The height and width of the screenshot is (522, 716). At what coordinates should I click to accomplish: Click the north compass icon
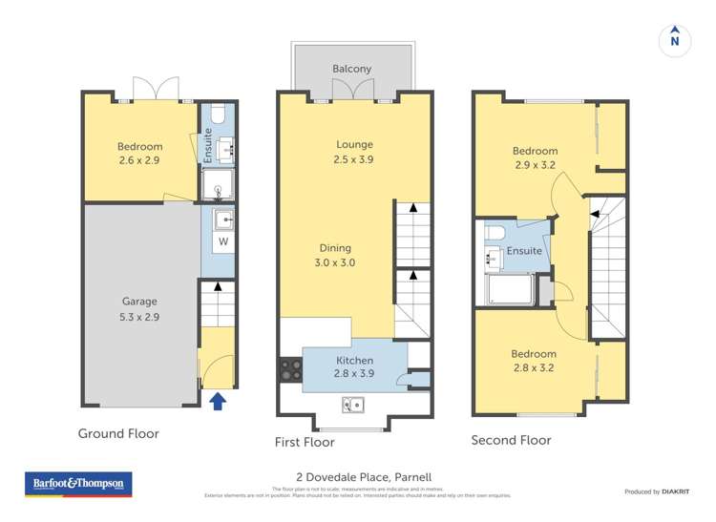[x=675, y=40]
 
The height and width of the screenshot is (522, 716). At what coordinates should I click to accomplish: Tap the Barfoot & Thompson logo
[x=79, y=484]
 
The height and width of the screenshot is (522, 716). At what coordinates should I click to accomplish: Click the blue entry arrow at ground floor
[x=217, y=401]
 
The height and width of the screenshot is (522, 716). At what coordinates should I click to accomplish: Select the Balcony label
[x=352, y=69]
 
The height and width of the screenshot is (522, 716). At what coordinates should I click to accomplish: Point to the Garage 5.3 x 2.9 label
[x=139, y=308]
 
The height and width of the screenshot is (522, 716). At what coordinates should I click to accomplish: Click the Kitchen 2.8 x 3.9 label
[x=354, y=366]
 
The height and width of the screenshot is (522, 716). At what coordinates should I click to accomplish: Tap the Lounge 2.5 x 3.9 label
[x=354, y=152]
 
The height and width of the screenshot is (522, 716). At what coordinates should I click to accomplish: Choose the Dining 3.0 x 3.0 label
[x=335, y=255]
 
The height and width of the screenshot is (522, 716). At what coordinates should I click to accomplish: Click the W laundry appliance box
[x=223, y=241]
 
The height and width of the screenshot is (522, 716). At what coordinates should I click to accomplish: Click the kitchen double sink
[x=353, y=405]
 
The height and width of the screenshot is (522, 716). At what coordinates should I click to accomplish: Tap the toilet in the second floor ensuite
[x=495, y=234]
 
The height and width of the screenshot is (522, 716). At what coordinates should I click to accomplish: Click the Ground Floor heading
[x=118, y=433]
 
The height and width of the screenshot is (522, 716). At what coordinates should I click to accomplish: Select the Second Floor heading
[x=511, y=440]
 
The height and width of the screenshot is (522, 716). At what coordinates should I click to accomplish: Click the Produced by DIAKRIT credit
[x=656, y=491]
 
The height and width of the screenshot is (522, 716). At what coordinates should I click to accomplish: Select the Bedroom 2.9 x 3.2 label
[x=535, y=157]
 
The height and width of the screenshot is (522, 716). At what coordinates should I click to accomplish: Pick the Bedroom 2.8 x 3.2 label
[x=533, y=360]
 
